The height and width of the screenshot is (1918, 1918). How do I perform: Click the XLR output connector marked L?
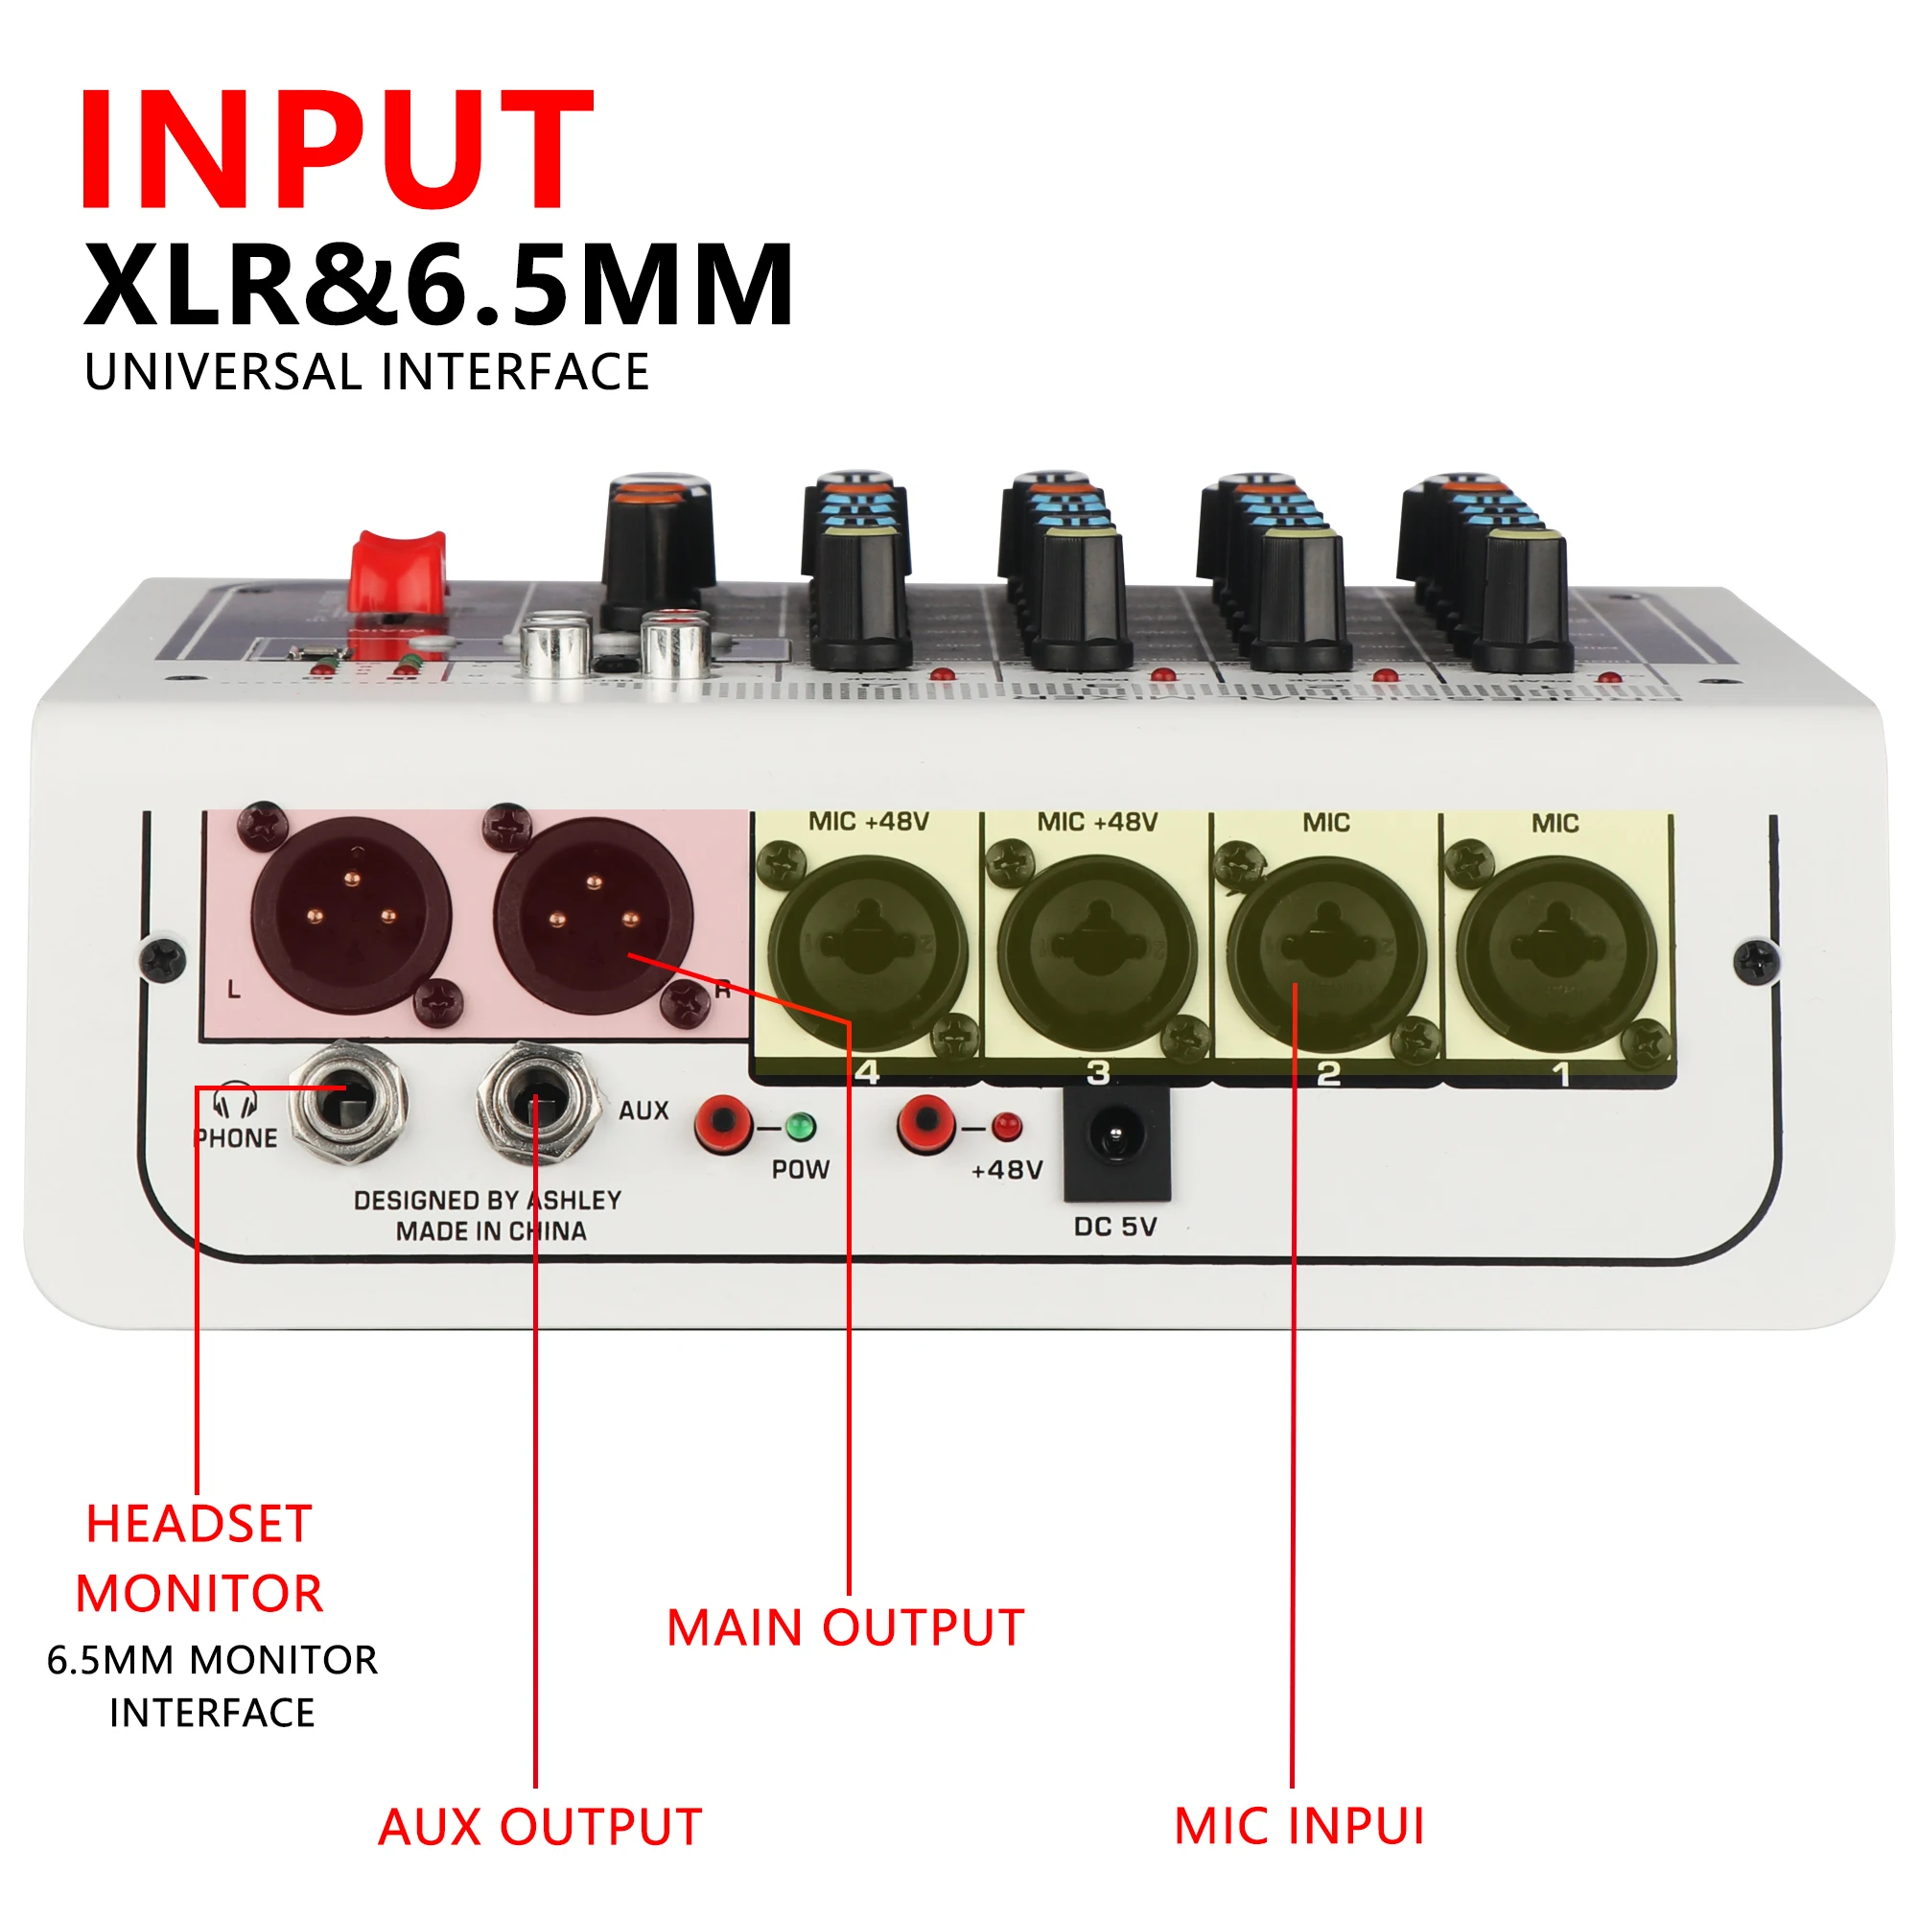click(350, 913)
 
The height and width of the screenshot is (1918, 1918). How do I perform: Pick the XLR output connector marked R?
click(594, 913)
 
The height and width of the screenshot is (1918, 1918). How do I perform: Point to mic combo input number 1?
click(1555, 953)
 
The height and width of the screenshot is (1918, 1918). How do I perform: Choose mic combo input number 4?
click(868, 953)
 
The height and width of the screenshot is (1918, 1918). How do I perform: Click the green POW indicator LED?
click(800, 1127)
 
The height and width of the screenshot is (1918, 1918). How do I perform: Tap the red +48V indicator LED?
click(1007, 1127)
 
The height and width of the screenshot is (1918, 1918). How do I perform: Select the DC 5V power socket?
click(1117, 1136)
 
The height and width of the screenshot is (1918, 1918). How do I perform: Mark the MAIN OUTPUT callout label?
click(845, 1629)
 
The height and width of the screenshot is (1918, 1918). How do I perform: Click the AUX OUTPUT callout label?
click(540, 1828)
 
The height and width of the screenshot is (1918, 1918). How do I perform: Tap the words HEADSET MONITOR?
click(199, 1558)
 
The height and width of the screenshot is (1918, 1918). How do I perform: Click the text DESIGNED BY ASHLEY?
click(487, 1201)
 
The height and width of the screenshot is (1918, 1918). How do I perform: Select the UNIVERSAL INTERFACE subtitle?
click(366, 372)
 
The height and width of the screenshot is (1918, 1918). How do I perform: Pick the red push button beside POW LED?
click(725, 1123)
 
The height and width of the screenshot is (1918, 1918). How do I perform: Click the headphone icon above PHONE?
click(235, 1100)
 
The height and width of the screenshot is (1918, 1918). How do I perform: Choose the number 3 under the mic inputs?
click(1098, 1073)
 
